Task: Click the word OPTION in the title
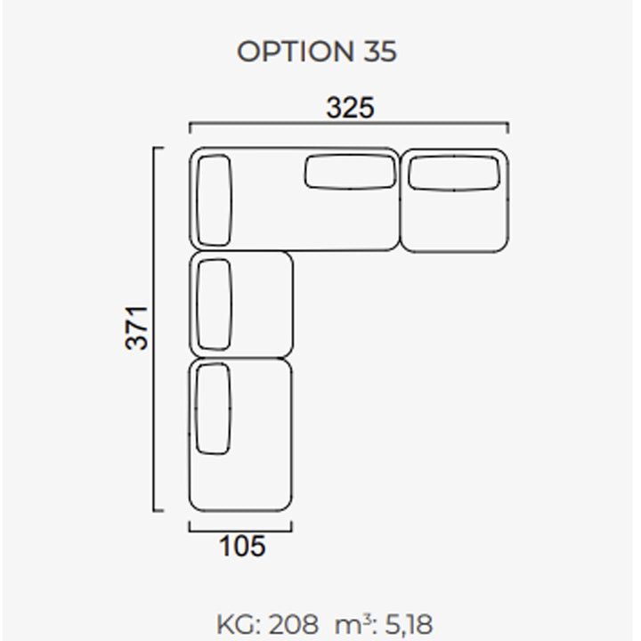click(296, 52)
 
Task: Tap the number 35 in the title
click(380, 52)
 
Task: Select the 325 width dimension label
click(350, 108)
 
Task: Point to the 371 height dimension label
click(136, 328)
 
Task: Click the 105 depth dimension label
click(242, 546)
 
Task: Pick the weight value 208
click(294, 625)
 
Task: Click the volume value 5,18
click(409, 625)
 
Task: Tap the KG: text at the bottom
click(239, 625)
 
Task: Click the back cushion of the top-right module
click(454, 173)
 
